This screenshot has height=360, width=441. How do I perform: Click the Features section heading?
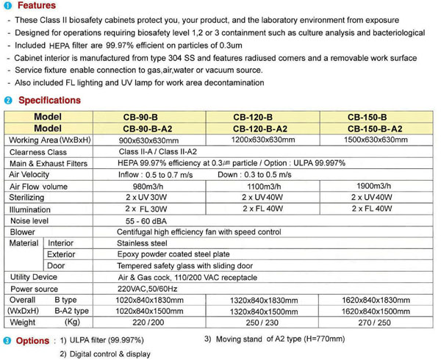coord(35,6)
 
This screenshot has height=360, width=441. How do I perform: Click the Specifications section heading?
coord(49,100)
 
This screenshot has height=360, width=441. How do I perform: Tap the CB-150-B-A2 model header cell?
coord(378,128)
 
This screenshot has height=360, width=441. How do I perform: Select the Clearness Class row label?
coord(38,152)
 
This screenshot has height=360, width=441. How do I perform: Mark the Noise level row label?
coord(30,220)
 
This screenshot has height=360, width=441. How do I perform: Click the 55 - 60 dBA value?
coord(143,220)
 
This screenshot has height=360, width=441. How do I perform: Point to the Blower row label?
coord(23,231)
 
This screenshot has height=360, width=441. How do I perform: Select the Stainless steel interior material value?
coord(143,242)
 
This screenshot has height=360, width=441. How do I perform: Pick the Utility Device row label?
coord(33,277)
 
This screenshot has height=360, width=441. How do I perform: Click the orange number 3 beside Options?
coord(7,340)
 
